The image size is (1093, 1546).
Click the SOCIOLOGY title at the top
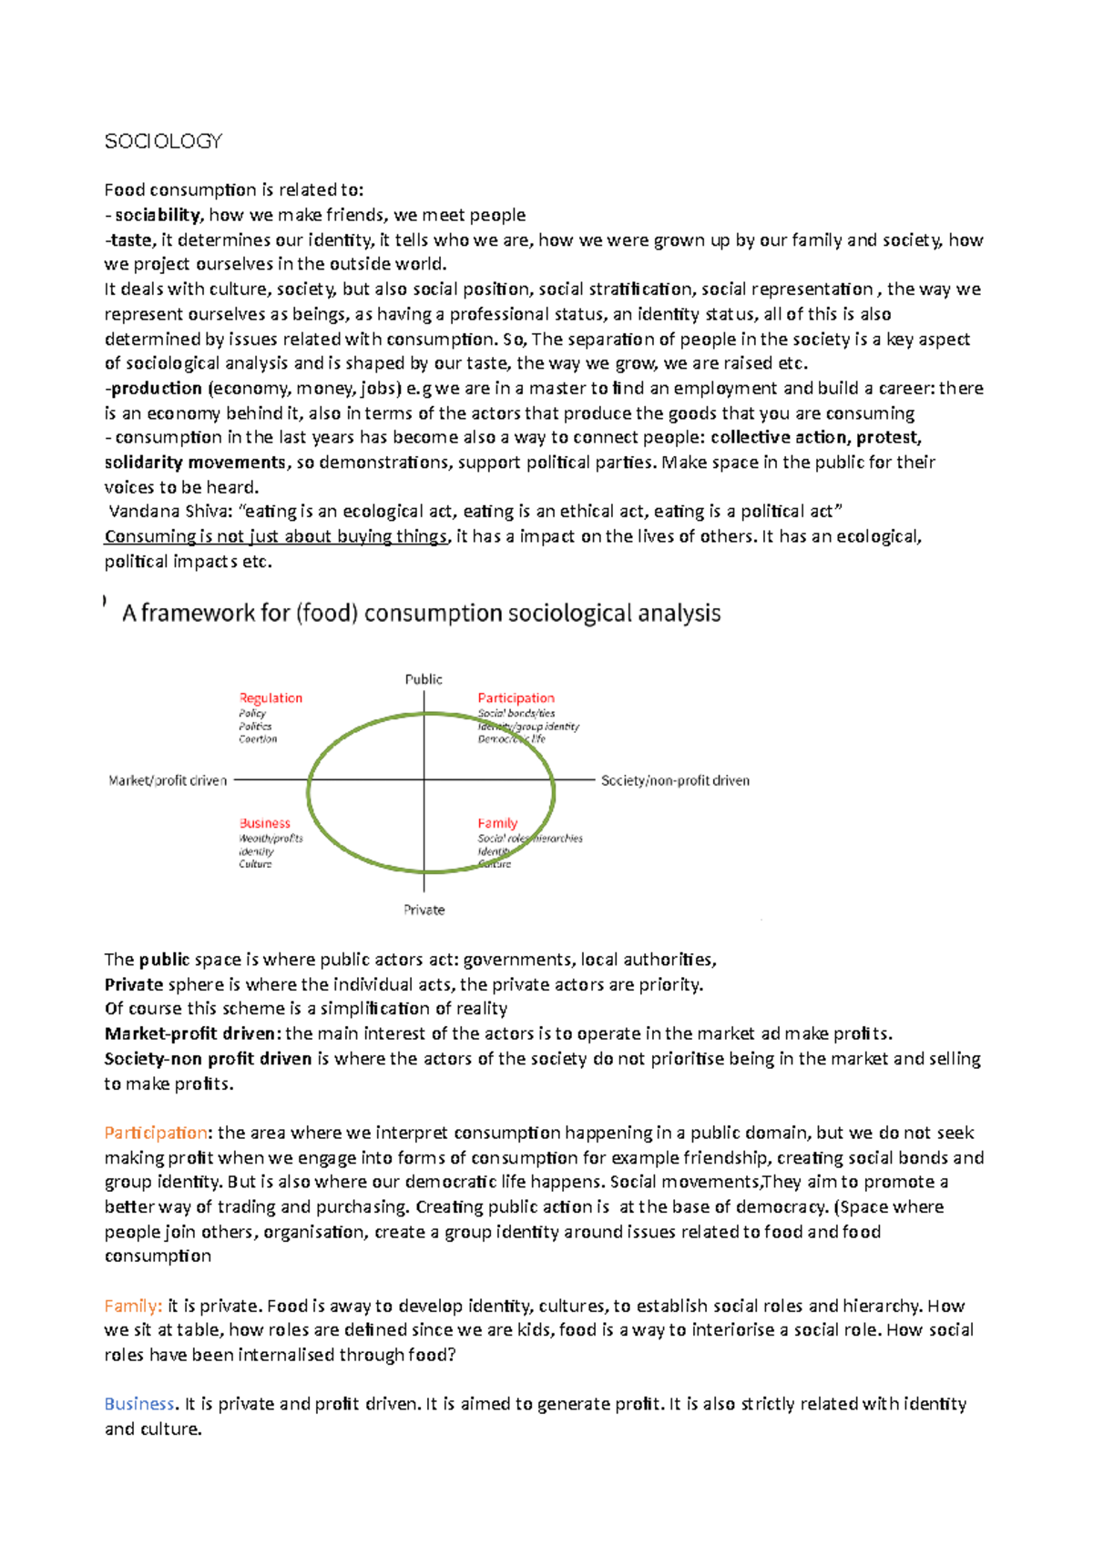pos(163,141)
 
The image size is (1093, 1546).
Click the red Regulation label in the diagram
pos(271,698)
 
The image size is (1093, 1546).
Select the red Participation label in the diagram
pos(516,698)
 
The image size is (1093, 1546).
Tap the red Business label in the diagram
pos(264,823)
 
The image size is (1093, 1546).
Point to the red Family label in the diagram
pos(497,823)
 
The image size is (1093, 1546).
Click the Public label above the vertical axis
pos(424,679)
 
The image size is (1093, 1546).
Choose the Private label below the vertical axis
pos(424,910)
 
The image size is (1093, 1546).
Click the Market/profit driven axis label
pos(168,780)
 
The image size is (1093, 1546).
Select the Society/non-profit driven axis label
pos(675,780)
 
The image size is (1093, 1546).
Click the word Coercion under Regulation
pos(258,739)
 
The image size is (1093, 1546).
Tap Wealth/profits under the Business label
pos(271,839)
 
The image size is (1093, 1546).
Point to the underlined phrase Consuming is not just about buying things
pos(276,536)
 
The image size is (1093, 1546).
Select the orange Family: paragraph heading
pos(133,1306)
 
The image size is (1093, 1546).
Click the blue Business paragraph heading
pos(139,1404)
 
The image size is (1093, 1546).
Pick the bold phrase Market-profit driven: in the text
pos(193,1033)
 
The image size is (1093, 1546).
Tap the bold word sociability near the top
pos(157,215)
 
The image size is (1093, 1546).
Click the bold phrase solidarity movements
pos(195,463)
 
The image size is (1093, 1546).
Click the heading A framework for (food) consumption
pos(421,613)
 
